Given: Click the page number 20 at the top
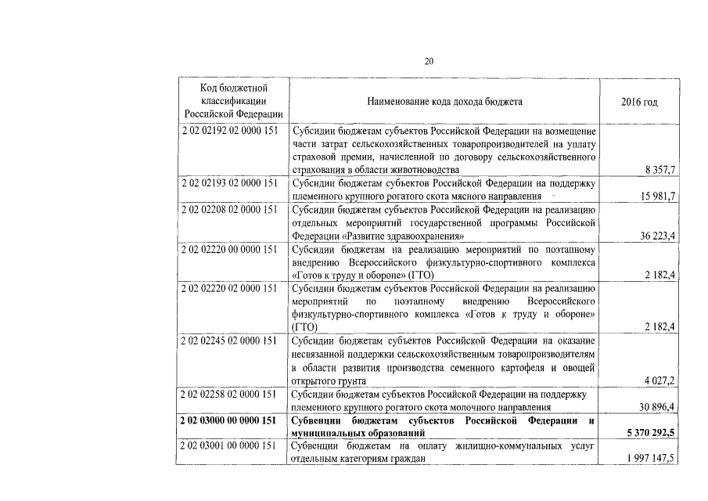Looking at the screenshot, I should pyautogui.click(x=429, y=62).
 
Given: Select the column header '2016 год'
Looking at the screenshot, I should pyautogui.click(x=639, y=103).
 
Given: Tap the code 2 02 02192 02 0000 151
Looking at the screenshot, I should pyautogui.click(x=229, y=131).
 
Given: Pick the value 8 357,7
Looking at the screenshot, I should pyautogui.click(x=658, y=169).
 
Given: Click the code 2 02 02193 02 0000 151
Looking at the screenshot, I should pyautogui.click(x=229, y=182).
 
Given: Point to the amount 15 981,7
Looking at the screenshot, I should pyautogui.click(x=656, y=196).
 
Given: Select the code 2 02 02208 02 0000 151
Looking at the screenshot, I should pyautogui.click(x=229, y=209).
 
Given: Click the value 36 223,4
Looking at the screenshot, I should pyautogui.click(x=656, y=236).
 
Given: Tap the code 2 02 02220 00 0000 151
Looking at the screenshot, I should pyautogui.click(x=229, y=249).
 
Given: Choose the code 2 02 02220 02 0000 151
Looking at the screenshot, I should pyautogui.click(x=229, y=288).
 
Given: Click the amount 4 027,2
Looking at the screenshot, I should pyautogui.click(x=658, y=380).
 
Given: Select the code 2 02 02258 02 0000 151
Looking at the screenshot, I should pyautogui.click(x=229, y=394).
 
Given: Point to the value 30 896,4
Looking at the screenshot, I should pyautogui.click(x=656, y=407).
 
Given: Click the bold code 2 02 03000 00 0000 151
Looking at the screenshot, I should pyautogui.click(x=229, y=420).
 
